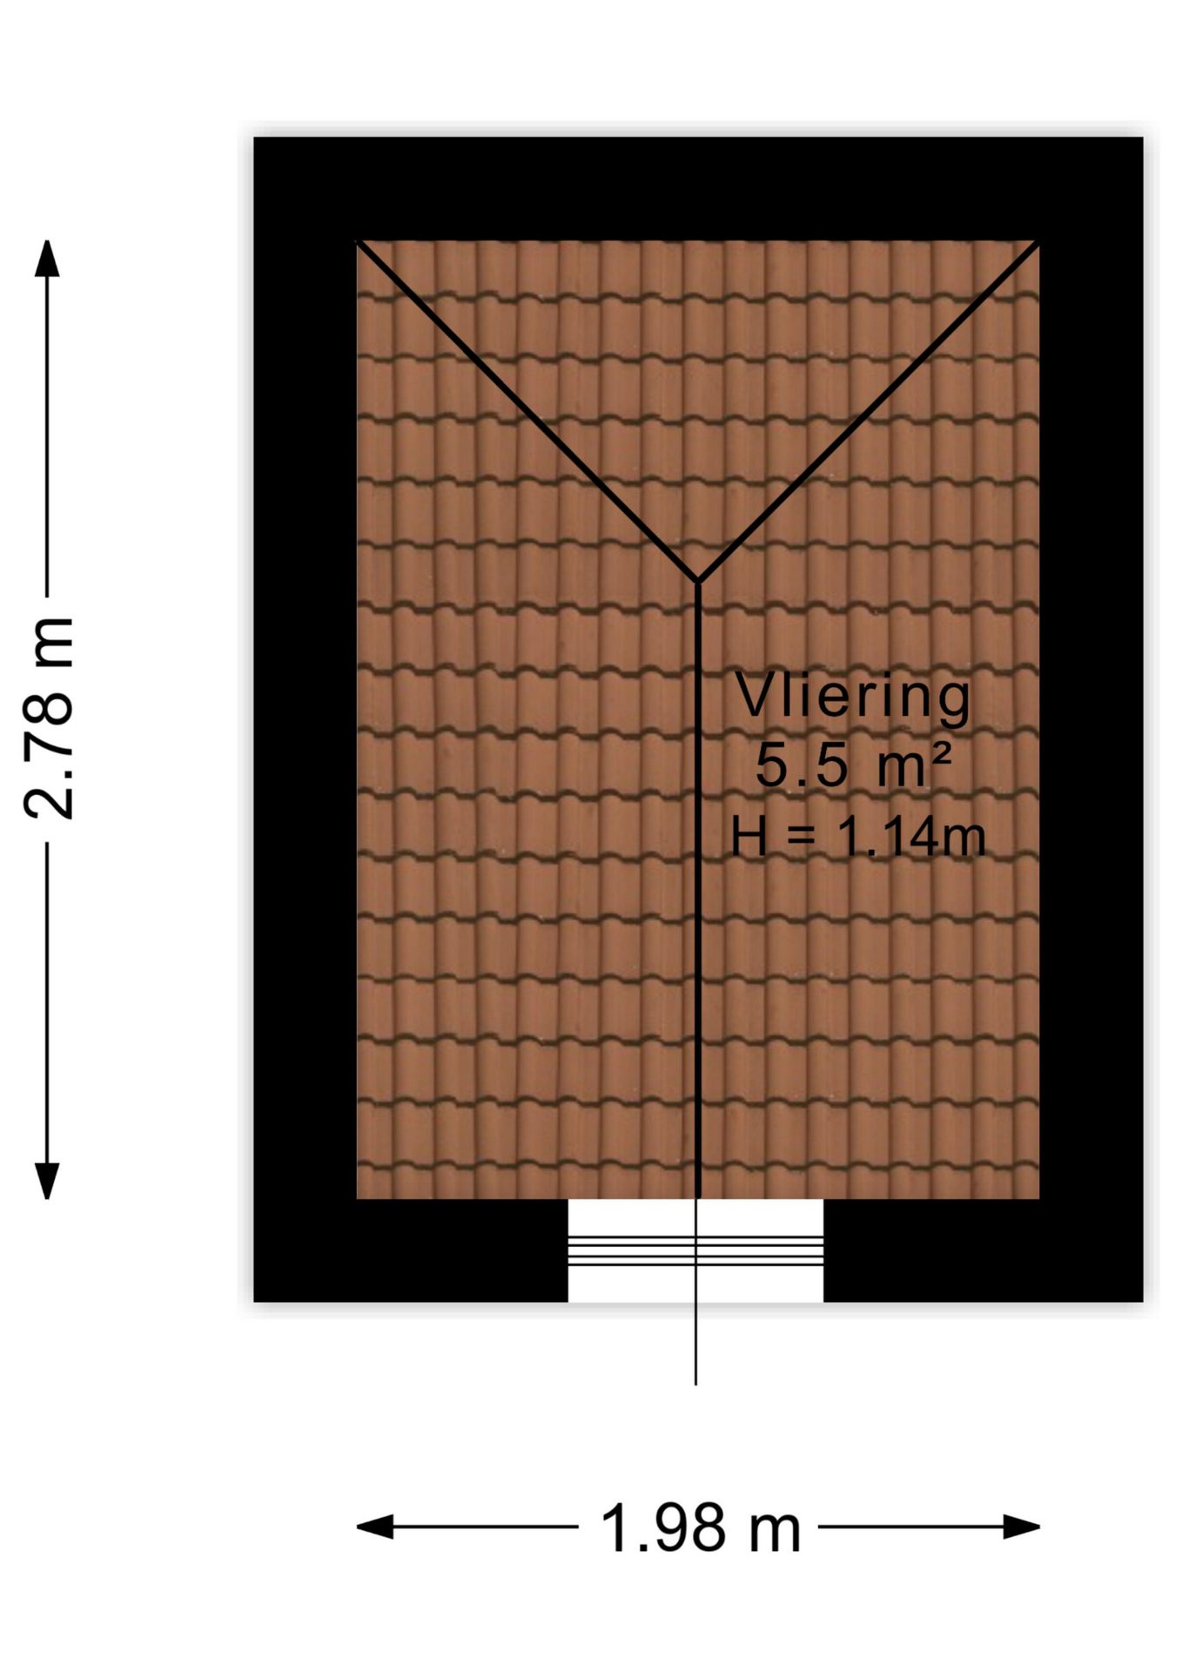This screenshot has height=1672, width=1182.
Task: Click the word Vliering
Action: pyautogui.click(x=853, y=697)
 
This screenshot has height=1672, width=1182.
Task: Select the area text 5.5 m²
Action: pyautogui.click(x=853, y=765)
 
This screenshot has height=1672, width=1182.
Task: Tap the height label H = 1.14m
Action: pyautogui.click(x=858, y=837)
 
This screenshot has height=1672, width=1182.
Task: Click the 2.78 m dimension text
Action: pyautogui.click(x=49, y=718)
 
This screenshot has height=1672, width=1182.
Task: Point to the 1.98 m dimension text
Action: pyautogui.click(x=700, y=1527)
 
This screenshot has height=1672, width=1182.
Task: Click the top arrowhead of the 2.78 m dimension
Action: pyautogui.click(x=47, y=259)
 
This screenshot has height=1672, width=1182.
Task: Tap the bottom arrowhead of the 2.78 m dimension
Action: pyautogui.click(x=47, y=1181)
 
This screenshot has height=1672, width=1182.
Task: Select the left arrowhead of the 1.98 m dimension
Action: pyautogui.click(x=375, y=1527)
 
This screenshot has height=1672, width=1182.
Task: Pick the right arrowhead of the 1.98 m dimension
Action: pyautogui.click(x=1022, y=1527)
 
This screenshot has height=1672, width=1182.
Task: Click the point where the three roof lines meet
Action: pyautogui.click(x=698, y=581)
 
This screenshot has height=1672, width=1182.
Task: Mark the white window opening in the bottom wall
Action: pyautogui.click(x=695, y=1251)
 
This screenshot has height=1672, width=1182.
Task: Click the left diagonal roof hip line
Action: pyautogui.click(x=527, y=410)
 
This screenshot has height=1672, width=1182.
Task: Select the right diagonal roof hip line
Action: pyautogui.click(x=869, y=410)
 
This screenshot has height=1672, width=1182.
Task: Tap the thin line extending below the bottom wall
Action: pyautogui.click(x=695, y=1344)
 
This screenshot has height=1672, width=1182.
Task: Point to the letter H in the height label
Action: pyautogui.click(x=749, y=837)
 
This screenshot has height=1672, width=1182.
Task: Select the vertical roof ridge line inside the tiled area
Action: pyautogui.click(x=698, y=890)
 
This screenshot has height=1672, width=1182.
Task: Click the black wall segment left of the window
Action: pyautogui.click(x=411, y=1251)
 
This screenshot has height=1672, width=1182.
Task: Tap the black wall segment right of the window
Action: pyautogui.click(x=984, y=1251)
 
